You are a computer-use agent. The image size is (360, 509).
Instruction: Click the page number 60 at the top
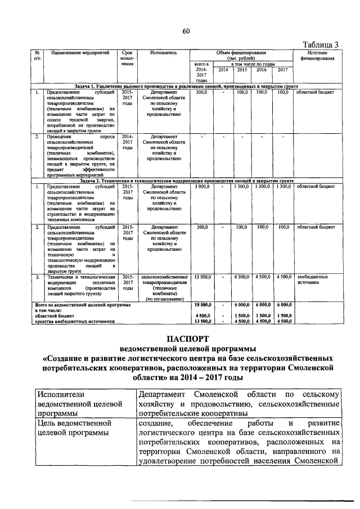186,31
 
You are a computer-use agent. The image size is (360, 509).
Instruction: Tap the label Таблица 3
321,44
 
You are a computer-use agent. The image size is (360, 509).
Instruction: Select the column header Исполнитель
164,52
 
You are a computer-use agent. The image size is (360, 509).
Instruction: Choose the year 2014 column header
223,69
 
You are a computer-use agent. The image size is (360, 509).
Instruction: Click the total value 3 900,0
202,186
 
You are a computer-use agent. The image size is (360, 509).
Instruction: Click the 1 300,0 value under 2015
242,186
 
